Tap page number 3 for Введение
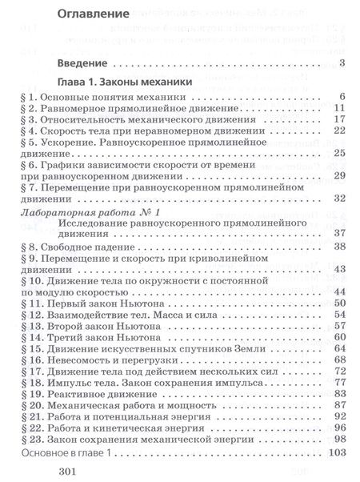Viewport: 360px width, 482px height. pyautogui.click(x=342, y=62)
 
